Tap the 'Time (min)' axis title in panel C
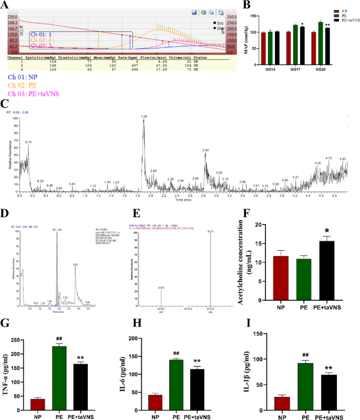point(183,200)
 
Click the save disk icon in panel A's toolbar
point(194,12)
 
